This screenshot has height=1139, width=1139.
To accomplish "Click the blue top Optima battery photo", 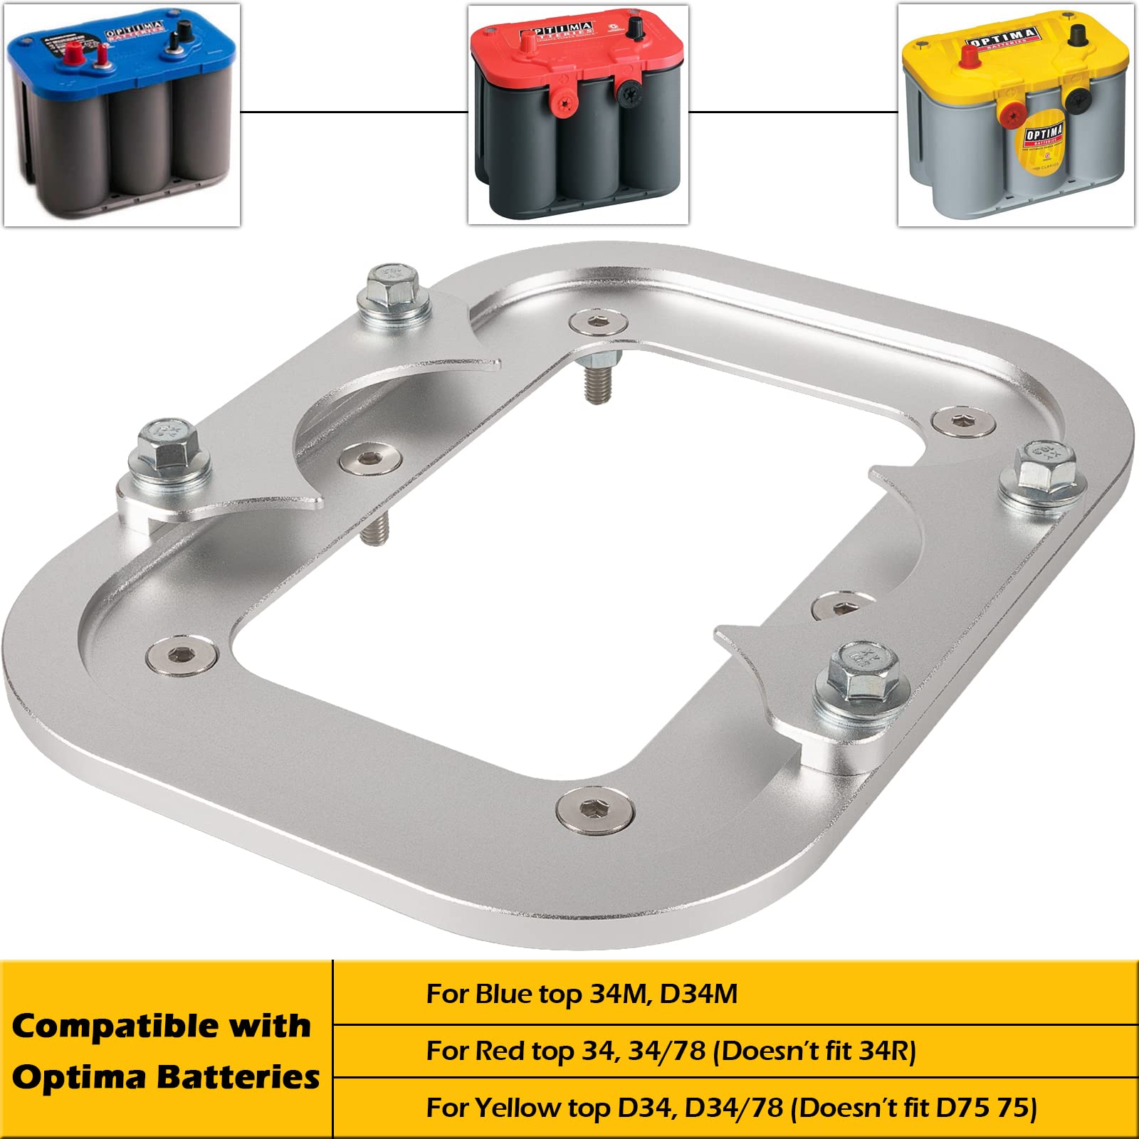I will tap(122, 115).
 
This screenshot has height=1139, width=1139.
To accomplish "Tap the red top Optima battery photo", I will tap(578, 115).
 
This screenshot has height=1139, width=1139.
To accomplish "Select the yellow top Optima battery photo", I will tap(1016, 115).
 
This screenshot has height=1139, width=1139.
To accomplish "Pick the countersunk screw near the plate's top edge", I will tap(599, 322).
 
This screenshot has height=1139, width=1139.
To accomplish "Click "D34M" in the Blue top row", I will tap(698, 994).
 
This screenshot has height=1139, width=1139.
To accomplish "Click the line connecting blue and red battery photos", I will tap(354, 112).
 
